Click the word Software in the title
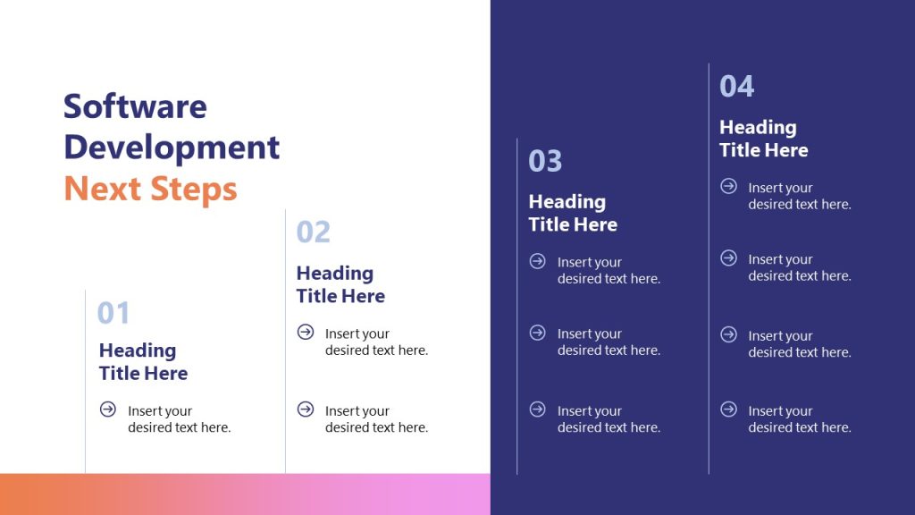(x=135, y=106)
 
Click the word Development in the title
(x=172, y=147)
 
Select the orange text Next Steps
(x=150, y=189)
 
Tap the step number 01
(x=113, y=313)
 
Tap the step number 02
(x=313, y=232)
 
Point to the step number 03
(x=545, y=161)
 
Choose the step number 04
(x=737, y=86)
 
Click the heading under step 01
(x=143, y=361)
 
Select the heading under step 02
(x=340, y=284)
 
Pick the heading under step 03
(x=573, y=213)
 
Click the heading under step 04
(x=764, y=139)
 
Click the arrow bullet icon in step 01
(x=108, y=409)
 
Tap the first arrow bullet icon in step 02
(x=306, y=333)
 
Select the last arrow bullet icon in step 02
(x=306, y=409)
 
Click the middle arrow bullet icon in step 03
(x=538, y=333)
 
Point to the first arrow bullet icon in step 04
(x=729, y=186)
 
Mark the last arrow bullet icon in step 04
(x=729, y=409)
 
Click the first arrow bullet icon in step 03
(x=538, y=261)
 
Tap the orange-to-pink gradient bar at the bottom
(x=245, y=494)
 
